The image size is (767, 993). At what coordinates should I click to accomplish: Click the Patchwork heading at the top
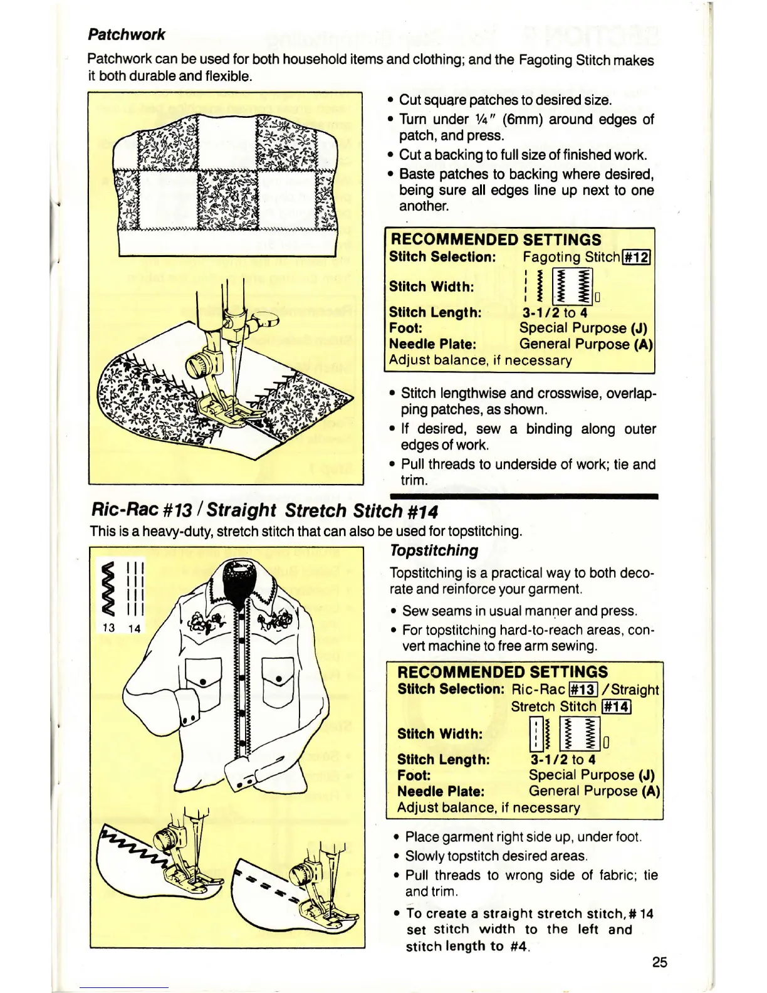coord(126,34)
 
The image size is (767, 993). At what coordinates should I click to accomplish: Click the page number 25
coord(659,962)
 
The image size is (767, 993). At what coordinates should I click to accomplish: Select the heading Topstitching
coord(434,550)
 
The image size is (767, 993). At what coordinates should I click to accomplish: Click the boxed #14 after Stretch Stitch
coord(616,707)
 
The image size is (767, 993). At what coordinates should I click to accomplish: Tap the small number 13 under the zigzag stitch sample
coord(108,628)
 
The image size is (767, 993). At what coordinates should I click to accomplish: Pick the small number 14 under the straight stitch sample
coord(134,628)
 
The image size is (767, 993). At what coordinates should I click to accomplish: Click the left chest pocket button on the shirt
coord(204,681)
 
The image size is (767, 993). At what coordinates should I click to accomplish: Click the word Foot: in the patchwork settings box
coord(405,328)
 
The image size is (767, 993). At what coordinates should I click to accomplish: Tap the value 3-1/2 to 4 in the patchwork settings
coord(555,312)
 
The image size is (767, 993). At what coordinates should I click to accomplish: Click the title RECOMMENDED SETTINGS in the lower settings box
coord(503,672)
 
